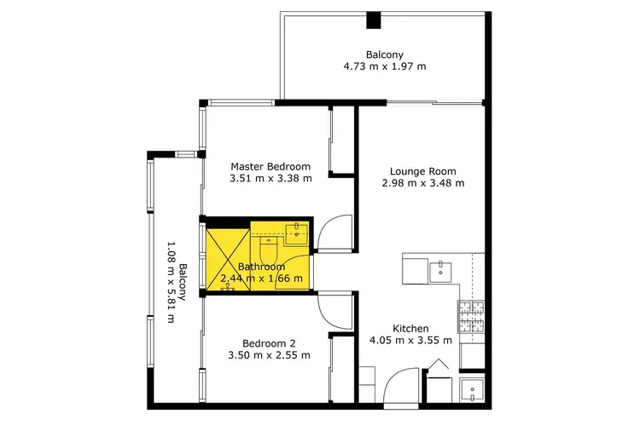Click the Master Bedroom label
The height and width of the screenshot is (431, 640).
point(271,167)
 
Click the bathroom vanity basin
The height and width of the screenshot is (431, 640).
point(295,231)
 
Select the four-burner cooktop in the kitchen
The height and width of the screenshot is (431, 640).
point(472,318)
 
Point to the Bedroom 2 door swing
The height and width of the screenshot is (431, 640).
point(334,311)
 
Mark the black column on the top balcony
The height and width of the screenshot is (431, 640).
point(373,20)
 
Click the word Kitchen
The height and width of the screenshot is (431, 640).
point(410,329)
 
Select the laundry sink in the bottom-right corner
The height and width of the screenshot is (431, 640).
point(472,391)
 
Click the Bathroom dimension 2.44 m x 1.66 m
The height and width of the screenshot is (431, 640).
point(261,279)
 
